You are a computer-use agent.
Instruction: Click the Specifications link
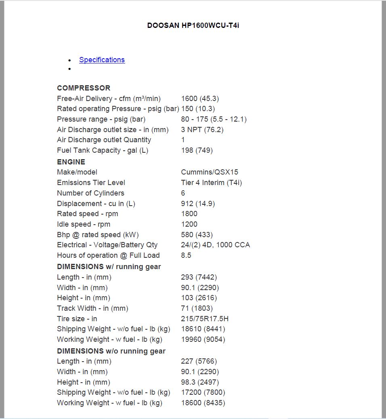point(102,60)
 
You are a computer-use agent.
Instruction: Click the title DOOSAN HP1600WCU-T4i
point(193,25)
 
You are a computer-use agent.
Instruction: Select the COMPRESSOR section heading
point(84,88)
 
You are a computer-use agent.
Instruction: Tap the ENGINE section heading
point(71,162)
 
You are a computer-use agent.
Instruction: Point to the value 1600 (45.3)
point(200,99)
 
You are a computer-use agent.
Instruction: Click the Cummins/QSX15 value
point(210,172)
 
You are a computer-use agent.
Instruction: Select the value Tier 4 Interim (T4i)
point(212,183)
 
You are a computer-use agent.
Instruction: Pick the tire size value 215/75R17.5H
point(205,319)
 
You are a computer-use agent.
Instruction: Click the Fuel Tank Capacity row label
point(103,150)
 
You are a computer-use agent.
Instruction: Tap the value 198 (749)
point(197,150)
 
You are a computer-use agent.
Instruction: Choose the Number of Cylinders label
point(90,193)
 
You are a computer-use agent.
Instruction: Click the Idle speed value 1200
point(189,224)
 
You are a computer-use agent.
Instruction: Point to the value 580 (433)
point(197,235)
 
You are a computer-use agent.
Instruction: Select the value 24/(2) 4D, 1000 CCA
point(215,245)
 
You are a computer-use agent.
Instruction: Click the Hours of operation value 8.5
point(186,255)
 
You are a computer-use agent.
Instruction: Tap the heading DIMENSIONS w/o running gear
point(111,351)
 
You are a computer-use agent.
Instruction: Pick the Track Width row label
point(92,308)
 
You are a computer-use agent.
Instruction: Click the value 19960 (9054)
point(203,339)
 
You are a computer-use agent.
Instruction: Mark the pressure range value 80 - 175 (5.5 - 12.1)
point(214,119)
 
